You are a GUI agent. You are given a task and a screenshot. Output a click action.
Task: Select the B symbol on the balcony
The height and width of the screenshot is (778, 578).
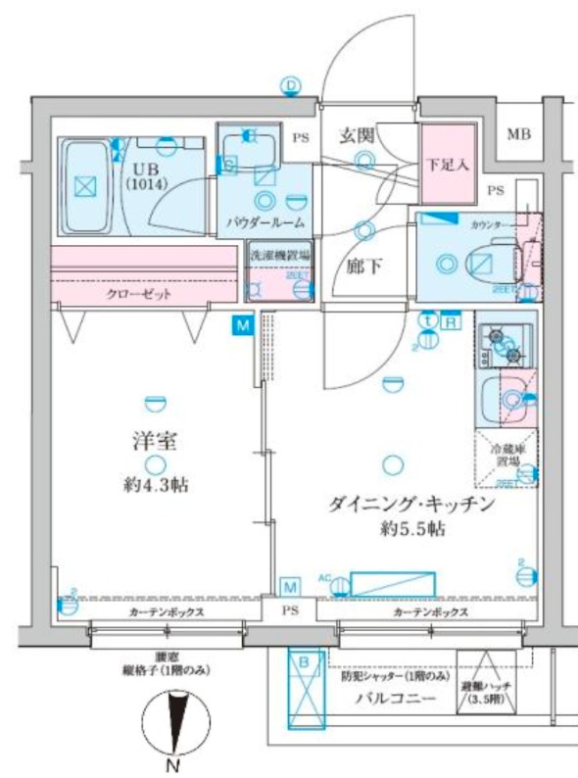pyautogui.click(x=304, y=663)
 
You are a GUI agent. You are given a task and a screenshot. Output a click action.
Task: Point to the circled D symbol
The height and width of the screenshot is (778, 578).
pyautogui.click(x=291, y=86)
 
